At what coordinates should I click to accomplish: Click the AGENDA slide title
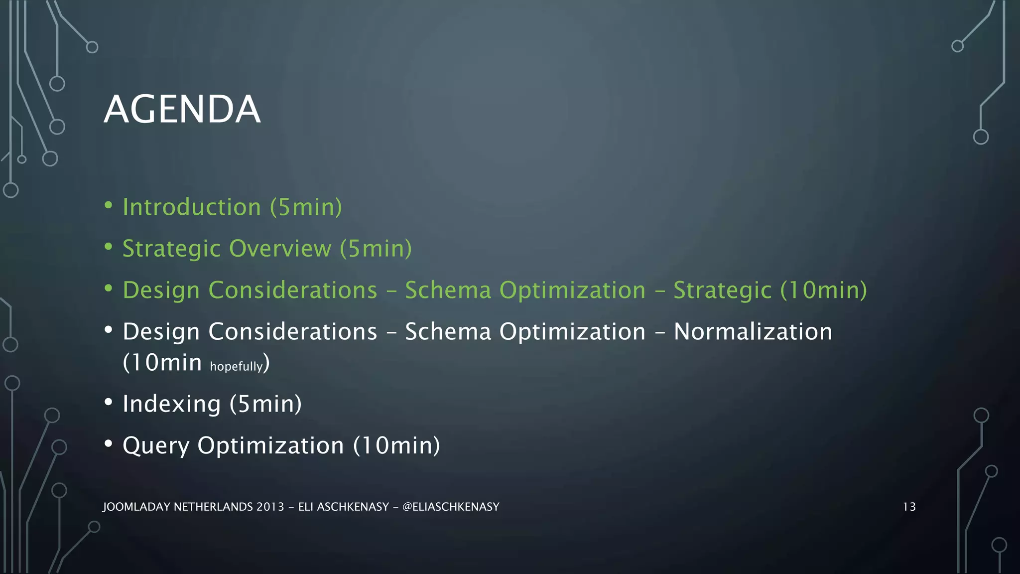pos(182,109)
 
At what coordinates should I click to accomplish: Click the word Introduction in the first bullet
pos(192,207)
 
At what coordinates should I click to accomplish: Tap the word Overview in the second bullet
pos(280,249)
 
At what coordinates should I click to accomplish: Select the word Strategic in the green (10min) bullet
pos(722,290)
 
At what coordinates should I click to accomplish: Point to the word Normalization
pos(753,332)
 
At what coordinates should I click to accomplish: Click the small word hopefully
pos(236,367)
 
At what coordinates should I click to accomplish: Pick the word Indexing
pos(172,404)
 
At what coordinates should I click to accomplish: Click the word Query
pos(156,446)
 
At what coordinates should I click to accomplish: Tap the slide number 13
pos(909,507)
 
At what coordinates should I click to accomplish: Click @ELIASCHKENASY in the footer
pos(450,507)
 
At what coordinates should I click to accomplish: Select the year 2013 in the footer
pos(270,507)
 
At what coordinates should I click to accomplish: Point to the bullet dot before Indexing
pos(109,402)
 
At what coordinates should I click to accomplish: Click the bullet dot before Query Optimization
pos(109,443)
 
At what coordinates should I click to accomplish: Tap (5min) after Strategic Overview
pos(376,249)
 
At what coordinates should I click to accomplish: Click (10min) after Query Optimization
pos(397,445)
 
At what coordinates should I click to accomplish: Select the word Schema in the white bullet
pos(448,332)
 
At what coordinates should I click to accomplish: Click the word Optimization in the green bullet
pos(572,290)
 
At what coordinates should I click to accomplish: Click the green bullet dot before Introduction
pos(109,205)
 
